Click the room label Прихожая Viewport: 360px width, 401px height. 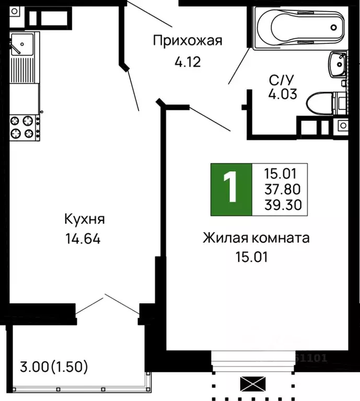(187, 41)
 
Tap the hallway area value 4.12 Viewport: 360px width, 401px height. (187, 63)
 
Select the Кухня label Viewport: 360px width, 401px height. (83, 218)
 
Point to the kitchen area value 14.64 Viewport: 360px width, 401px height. (83, 239)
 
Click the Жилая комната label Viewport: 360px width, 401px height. (256, 238)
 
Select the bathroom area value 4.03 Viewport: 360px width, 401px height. (283, 95)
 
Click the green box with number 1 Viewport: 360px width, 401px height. (230, 189)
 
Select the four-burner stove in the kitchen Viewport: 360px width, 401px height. (24, 127)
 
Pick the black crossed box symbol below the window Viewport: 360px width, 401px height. (252, 385)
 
